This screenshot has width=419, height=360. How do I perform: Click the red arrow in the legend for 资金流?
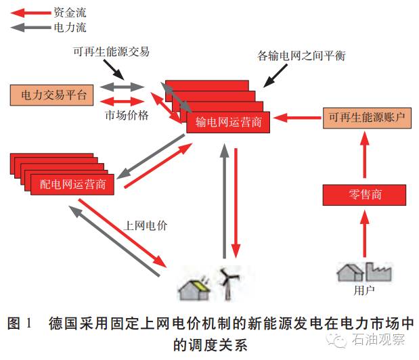coord(29,12)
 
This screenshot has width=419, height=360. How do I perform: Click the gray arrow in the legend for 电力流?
coord(29,28)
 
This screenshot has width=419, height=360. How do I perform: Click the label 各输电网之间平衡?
coord(302,56)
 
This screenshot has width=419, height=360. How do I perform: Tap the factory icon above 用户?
coord(379,271)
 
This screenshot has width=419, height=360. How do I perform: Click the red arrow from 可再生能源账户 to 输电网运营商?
coord(299,118)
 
